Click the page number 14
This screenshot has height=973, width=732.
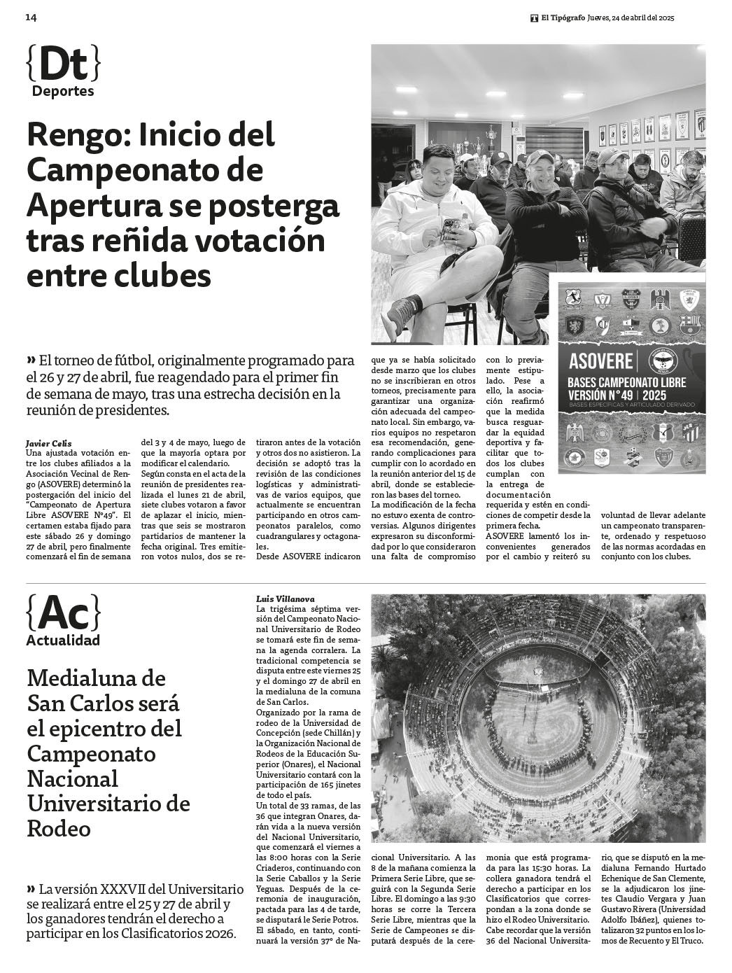pyautogui.click(x=31, y=17)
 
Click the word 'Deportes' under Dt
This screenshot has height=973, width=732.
pyautogui.click(x=63, y=91)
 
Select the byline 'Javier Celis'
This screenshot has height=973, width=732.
pyautogui.click(x=48, y=442)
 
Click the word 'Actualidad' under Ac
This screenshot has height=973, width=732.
pyautogui.click(x=63, y=640)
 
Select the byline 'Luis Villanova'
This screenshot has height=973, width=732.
pyautogui.click(x=286, y=599)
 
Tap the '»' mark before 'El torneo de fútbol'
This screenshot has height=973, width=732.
pyautogui.click(x=31, y=360)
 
